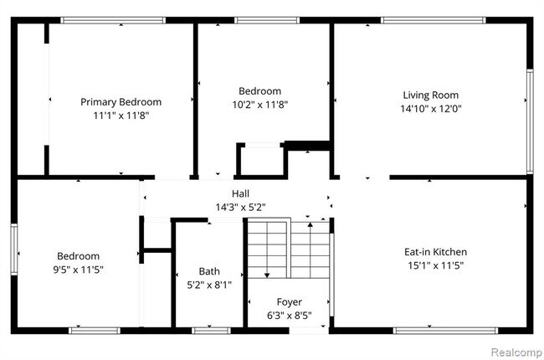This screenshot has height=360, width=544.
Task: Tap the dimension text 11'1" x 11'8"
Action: [121, 116]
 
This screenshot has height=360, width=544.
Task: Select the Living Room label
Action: [430, 95]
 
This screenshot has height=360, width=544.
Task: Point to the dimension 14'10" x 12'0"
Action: [430, 109]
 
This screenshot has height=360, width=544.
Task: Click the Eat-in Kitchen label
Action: [435, 252]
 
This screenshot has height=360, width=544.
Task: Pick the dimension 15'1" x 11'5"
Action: [435, 265]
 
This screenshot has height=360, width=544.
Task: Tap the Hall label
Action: [240, 193]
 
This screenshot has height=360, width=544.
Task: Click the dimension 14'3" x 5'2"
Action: [240, 206]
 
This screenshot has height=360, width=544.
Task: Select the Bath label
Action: [209, 271]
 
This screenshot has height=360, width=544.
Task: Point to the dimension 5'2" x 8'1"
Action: [209, 285]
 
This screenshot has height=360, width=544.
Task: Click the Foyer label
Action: [290, 301]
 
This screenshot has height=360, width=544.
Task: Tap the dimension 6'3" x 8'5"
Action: [290, 316]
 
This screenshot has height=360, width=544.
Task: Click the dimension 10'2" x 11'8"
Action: [259, 105]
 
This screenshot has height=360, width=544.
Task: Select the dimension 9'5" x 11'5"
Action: [79, 270]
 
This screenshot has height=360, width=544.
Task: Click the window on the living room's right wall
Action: [529, 121]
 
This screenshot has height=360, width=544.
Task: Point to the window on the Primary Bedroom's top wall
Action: [113, 20]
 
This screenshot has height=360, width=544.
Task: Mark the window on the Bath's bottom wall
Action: [212, 331]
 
